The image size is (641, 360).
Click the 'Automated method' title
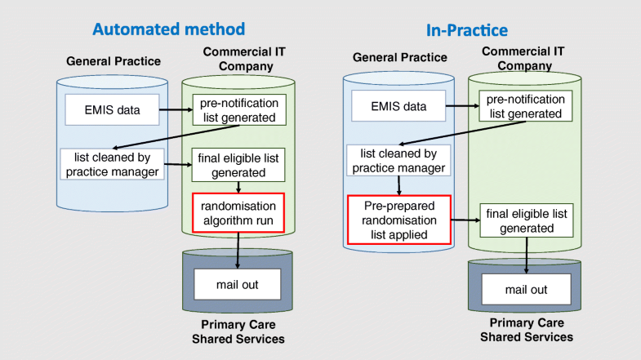click(x=168, y=29)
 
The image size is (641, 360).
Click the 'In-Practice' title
click(x=466, y=30)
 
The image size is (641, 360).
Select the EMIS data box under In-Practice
click(x=398, y=105)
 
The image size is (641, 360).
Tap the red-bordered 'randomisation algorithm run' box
click(x=237, y=212)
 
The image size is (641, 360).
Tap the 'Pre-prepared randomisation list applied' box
click(x=400, y=219)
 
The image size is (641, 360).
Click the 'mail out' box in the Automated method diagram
click(x=237, y=284)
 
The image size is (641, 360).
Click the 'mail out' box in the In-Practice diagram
click(x=526, y=290)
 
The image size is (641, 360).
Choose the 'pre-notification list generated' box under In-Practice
click(x=526, y=106)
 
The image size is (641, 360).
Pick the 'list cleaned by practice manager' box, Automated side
click(x=112, y=163)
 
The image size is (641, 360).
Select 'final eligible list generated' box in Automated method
click(x=237, y=165)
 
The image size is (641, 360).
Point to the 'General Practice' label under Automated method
click(x=114, y=61)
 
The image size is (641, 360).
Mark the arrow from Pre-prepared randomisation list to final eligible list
click(x=465, y=220)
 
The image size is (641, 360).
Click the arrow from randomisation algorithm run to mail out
click(x=237, y=249)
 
